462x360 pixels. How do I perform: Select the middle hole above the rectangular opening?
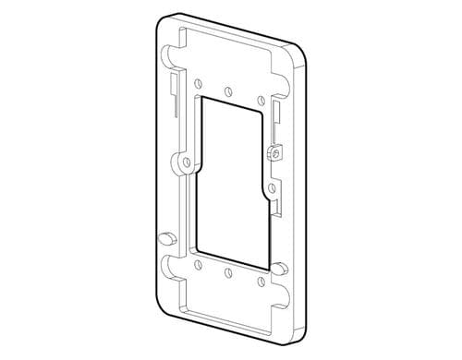(x=228, y=90)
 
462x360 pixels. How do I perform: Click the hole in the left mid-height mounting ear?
(x=188, y=162)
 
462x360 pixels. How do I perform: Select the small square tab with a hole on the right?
(x=273, y=152)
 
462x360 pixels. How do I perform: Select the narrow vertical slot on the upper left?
(x=174, y=92)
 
